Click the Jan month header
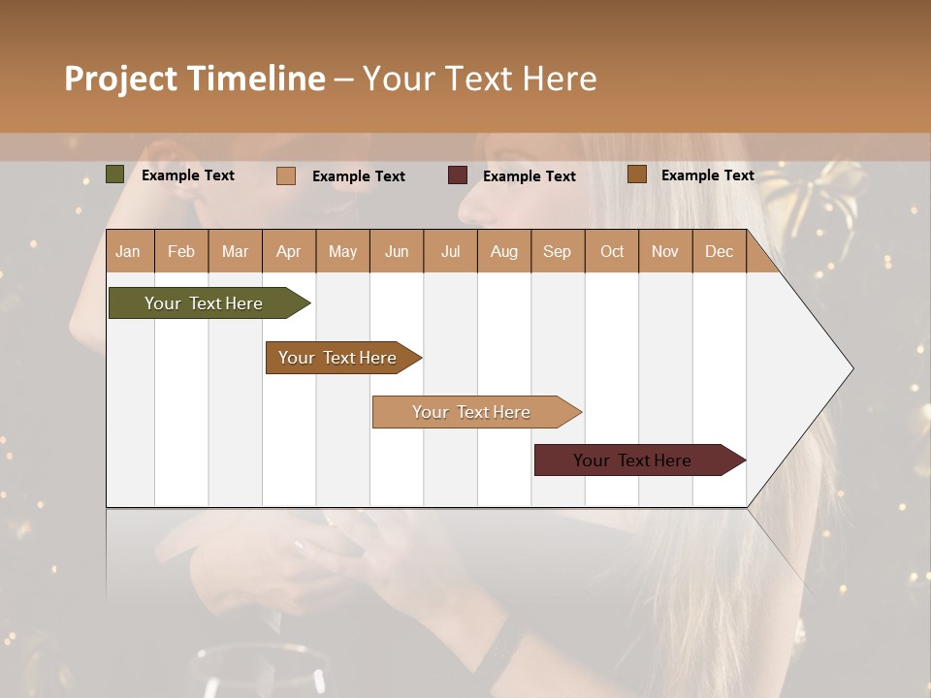[128, 251]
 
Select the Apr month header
[288, 251]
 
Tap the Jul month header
[450, 251]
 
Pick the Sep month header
[557, 251]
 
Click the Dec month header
[719, 251]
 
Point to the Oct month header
[612, 251]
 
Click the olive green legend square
[114, 174]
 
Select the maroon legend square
[458, 175]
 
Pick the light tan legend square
[286, 175]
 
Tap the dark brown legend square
[637, 174]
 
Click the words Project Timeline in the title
[194, 79]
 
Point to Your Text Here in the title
[479, 79]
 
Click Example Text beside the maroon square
[529, 175]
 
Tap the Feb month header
[181, 251]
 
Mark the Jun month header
[396, 251]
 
